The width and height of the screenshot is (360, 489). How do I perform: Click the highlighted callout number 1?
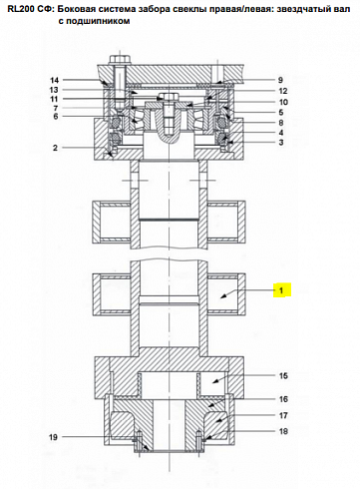[x=281, y=290]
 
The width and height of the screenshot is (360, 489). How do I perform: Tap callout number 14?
[x=55, y=80]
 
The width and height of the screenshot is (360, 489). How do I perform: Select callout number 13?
[x=54, y=90]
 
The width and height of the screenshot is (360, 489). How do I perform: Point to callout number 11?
[x=54, y=99]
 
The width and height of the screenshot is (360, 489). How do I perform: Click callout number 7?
[x=56, y=108]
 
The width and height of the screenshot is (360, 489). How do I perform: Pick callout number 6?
[x=56, y=116]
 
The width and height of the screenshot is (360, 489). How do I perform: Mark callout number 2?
[x=56, y=148]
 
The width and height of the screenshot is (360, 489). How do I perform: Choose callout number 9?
[x=280, y=80]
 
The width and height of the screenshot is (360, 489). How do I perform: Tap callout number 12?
[x=283, y=91]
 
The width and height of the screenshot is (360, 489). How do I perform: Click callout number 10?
[x=283, y=102]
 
